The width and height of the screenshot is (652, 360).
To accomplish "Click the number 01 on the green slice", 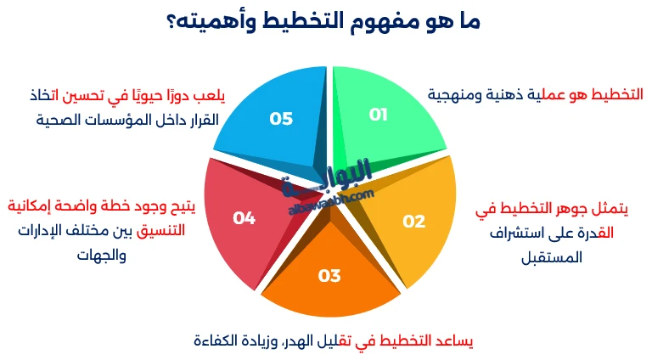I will click(x=379, y=115).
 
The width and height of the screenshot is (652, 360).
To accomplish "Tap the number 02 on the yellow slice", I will click(x=413, y=222).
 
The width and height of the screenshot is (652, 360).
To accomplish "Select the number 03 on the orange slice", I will click(x=329, y=275).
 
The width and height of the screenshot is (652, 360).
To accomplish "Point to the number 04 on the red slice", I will click(x=244, y=218).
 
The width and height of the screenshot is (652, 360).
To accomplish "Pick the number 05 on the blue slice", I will click(x=281, y=118).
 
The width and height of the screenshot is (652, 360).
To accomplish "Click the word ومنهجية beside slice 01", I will click(x=457, y=93).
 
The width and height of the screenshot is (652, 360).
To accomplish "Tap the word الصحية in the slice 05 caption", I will click(x=62, y=119).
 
